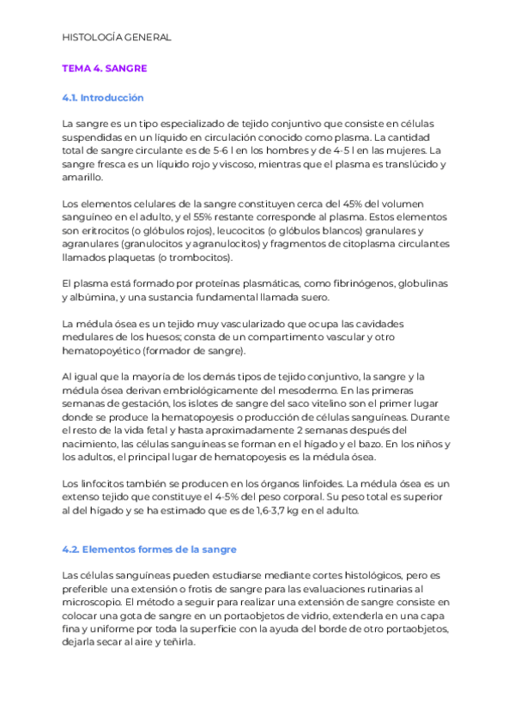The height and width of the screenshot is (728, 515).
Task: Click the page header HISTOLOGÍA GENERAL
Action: point(117,37)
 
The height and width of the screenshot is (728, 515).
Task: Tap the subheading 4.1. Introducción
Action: point(102,98)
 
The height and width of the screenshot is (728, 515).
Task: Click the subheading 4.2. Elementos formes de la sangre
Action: point(149,549)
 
